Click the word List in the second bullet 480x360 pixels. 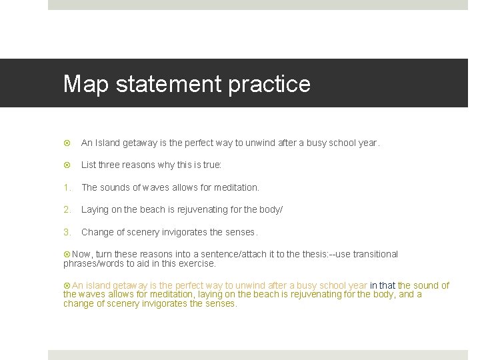click(89, 165)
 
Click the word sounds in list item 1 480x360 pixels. click(115, 187)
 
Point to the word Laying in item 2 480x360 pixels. click(95, 209)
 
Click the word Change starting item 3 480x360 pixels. click(98, 232)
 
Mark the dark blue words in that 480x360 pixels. click(383, 285)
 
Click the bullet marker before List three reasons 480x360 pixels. click(67, 165)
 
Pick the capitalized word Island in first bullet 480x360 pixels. click(107, 143)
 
